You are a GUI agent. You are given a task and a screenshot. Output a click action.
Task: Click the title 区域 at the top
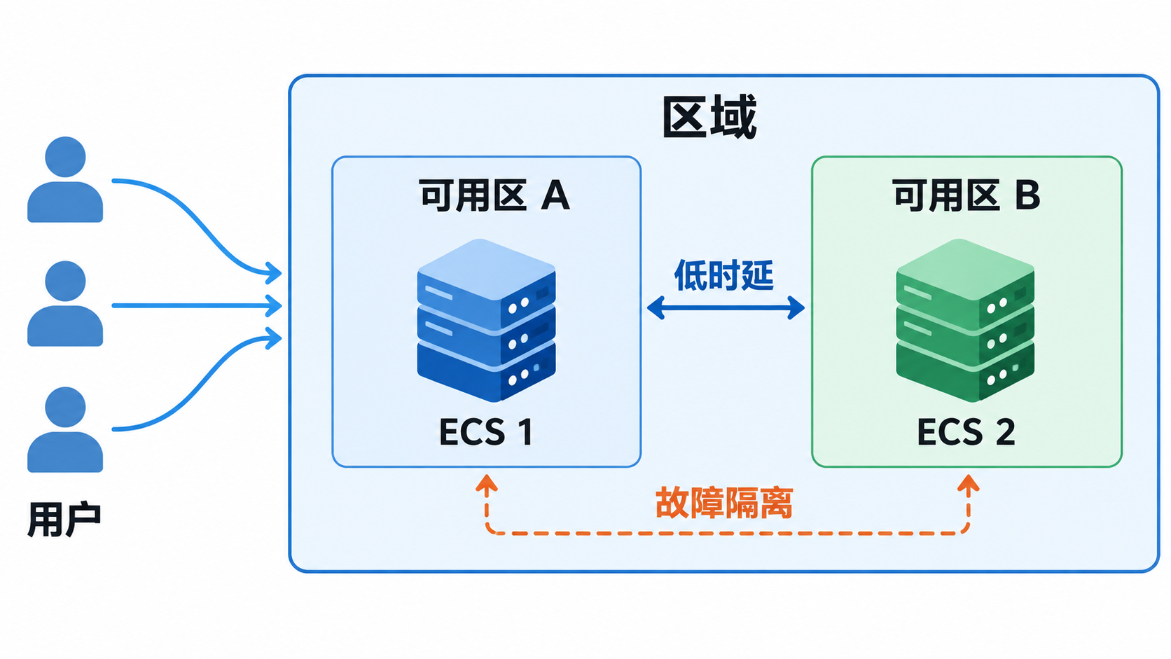(709, 117)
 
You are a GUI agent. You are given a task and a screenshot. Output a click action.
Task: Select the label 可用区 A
(494, 195)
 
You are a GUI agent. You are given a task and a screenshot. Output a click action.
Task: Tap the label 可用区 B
(966, 195)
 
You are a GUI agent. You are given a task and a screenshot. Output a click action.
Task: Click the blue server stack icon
(486, 320)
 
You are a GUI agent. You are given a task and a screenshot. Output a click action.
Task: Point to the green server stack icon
(965, 320)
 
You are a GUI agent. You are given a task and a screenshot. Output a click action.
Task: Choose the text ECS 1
(486, 431)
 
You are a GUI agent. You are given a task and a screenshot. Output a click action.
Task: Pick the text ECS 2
(966, 431)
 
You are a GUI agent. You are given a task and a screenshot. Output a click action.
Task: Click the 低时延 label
(723, 275)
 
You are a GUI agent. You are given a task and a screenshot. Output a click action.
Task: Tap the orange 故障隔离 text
(724, 503)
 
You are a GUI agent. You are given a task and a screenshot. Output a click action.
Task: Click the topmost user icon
(65, 179)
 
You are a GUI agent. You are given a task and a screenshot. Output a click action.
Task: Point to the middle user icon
(65, 304)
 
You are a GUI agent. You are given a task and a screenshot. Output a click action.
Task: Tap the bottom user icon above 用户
(65, 429)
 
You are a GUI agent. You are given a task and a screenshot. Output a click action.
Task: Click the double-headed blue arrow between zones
(726, 308)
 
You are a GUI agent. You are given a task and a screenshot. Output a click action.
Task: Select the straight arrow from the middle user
(197, 306)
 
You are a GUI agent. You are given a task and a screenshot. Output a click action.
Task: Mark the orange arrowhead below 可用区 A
(487, 483)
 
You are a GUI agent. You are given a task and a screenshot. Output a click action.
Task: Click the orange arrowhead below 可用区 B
(968, 483)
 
